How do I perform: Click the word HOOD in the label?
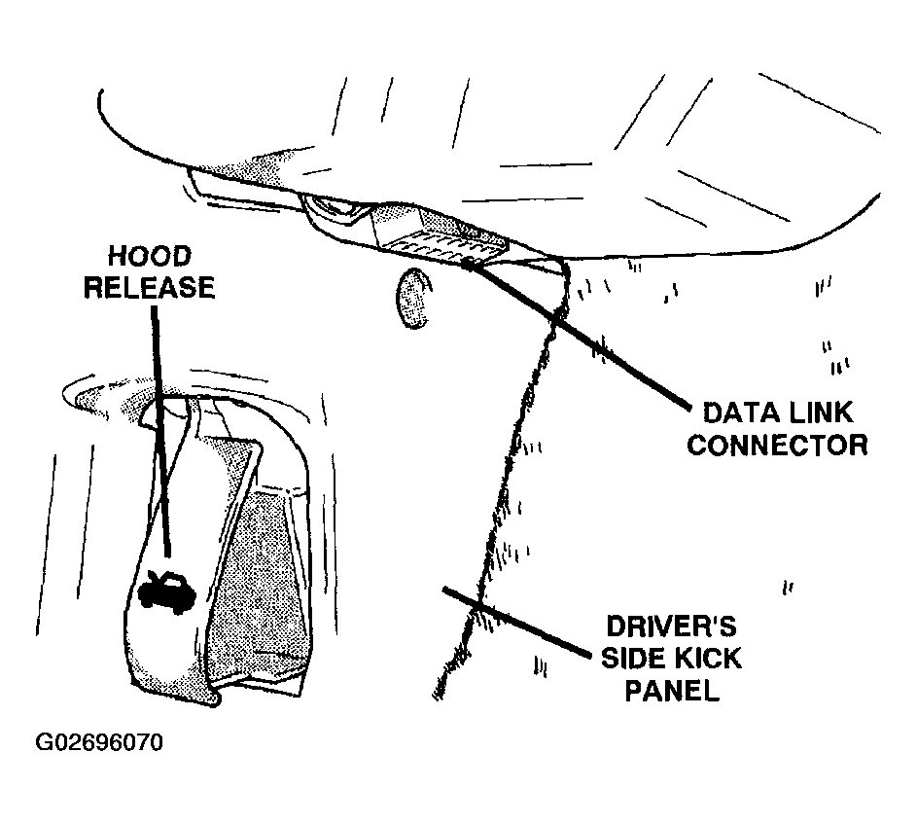tap(150, 256)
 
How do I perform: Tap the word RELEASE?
tap(150, 287)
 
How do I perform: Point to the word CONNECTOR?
tap(777, 445)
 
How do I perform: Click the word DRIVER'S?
tap(671, 627)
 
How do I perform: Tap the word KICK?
tap(708, 659)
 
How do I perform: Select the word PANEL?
tap(672, 691)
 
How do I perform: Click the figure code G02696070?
tap(99, 742)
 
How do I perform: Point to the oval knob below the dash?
tap(414, 299)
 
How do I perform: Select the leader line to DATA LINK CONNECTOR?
tap(579, 336)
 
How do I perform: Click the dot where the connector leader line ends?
tap(469, 265)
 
